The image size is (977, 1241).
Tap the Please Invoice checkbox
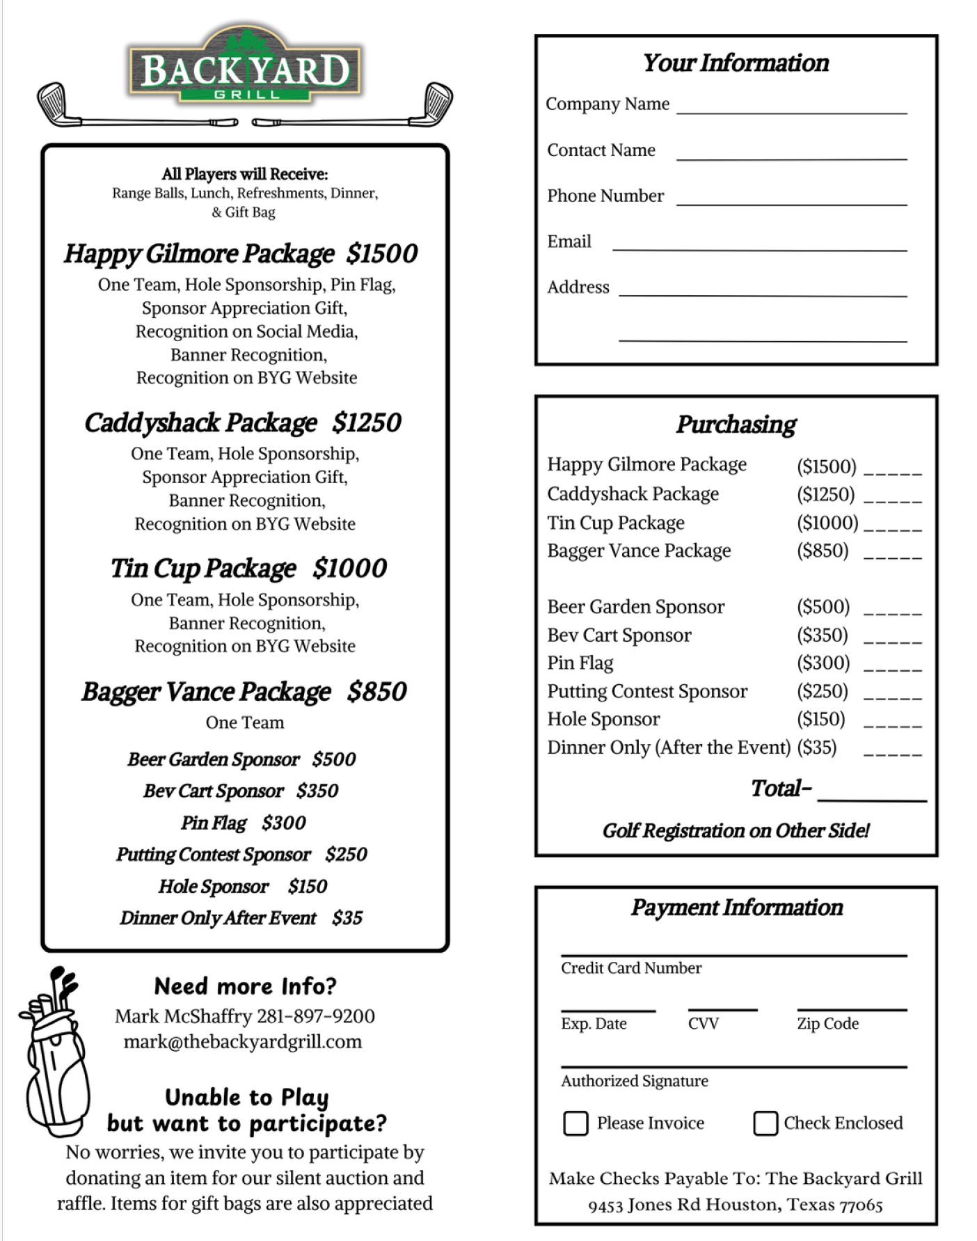coord(575,1123)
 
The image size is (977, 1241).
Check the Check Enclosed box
coord(765,1123)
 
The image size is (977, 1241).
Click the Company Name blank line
coord(791,108)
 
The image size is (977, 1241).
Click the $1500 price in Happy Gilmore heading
coord(382,254)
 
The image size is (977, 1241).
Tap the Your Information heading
coord(736,63)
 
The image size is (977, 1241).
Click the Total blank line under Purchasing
coord(871,796)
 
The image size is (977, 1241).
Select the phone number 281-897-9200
coord(316,1016)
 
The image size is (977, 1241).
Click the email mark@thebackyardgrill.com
coord(243,1042)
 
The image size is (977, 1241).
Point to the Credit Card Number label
coord(631,968)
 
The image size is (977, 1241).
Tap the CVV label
coord(703,1024)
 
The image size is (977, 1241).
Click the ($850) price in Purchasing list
coord(823,551)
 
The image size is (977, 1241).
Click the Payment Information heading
coord(736,908)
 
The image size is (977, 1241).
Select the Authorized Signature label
coord(635,1081)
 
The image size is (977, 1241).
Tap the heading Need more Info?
coord(245,986)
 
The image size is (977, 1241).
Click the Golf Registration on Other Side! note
coord(736,831)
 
